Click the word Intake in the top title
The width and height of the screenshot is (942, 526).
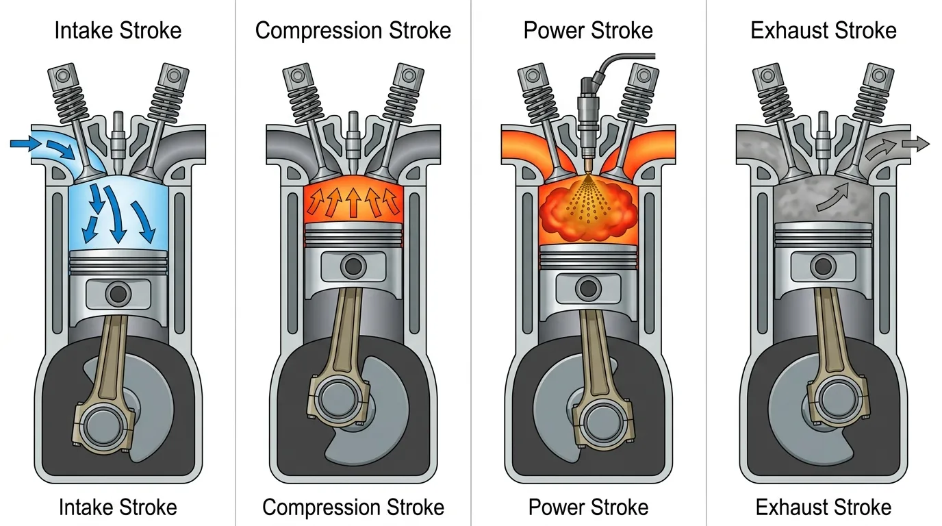pos(84,30)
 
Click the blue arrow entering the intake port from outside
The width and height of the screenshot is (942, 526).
pos(25,144)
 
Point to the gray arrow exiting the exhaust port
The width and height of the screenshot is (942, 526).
pos(915,144)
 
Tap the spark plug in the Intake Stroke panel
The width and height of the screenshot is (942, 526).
pos(118,142)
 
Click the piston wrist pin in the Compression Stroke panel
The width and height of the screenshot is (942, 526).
pos(353,266)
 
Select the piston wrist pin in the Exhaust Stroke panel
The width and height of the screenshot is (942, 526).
pos(823,266)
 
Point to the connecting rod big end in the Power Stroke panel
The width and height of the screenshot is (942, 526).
pos(603,424)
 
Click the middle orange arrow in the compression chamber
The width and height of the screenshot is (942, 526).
pos(353,202)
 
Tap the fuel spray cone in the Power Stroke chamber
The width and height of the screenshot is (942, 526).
pos(588,198)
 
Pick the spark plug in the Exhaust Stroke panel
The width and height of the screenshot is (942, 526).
pos(823,142)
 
